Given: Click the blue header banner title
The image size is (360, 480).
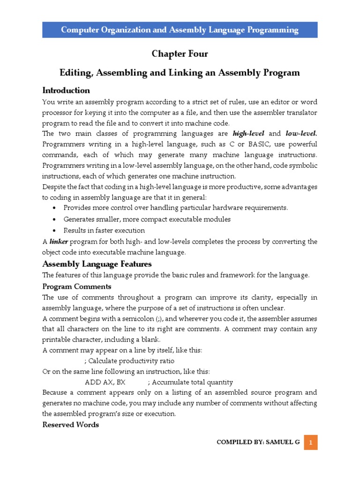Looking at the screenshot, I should (180, 30).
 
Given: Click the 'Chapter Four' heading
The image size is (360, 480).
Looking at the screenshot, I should (180, 54).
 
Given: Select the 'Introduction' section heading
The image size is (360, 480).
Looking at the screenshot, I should (66, 90).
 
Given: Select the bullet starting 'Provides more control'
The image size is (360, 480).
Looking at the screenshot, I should (176, 208).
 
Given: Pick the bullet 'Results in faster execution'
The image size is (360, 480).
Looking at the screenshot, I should (104, 231).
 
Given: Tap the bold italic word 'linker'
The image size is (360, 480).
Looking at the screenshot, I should (59, 241).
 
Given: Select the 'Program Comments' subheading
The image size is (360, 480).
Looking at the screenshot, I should (77, 286).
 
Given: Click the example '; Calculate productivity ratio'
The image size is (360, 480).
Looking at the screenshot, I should (129, 360).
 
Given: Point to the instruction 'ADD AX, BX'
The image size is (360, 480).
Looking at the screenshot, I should (105, 382).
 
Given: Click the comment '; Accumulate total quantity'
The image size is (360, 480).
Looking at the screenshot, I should (190, 382).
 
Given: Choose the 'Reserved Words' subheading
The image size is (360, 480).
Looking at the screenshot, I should (71, 425).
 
